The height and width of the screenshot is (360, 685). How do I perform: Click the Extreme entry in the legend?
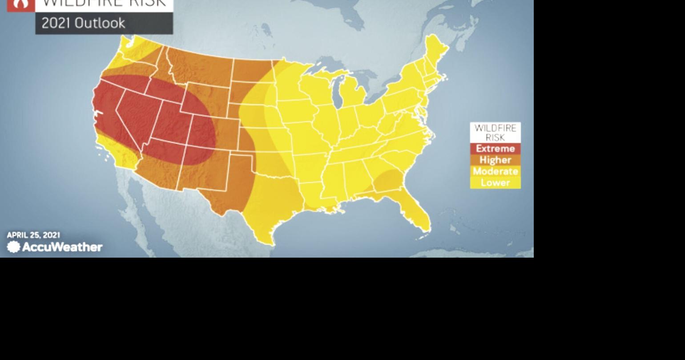coord(495,149)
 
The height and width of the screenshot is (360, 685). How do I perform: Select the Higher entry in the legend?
coord(495,160)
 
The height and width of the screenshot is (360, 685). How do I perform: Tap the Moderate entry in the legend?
coord(495,171)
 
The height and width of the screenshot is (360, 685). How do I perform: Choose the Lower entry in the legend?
coord(495,183)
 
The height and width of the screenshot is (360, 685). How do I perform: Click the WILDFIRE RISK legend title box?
coord(495,133)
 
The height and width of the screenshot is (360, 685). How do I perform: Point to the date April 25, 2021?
coord(33,235)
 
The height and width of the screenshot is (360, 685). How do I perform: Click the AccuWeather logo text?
coord(62,247)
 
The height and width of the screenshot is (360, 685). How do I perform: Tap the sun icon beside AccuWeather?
coord(14,247)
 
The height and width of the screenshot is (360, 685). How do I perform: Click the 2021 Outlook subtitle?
coord(83,23)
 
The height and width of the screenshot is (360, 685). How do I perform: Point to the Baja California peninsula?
coord(133,205)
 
